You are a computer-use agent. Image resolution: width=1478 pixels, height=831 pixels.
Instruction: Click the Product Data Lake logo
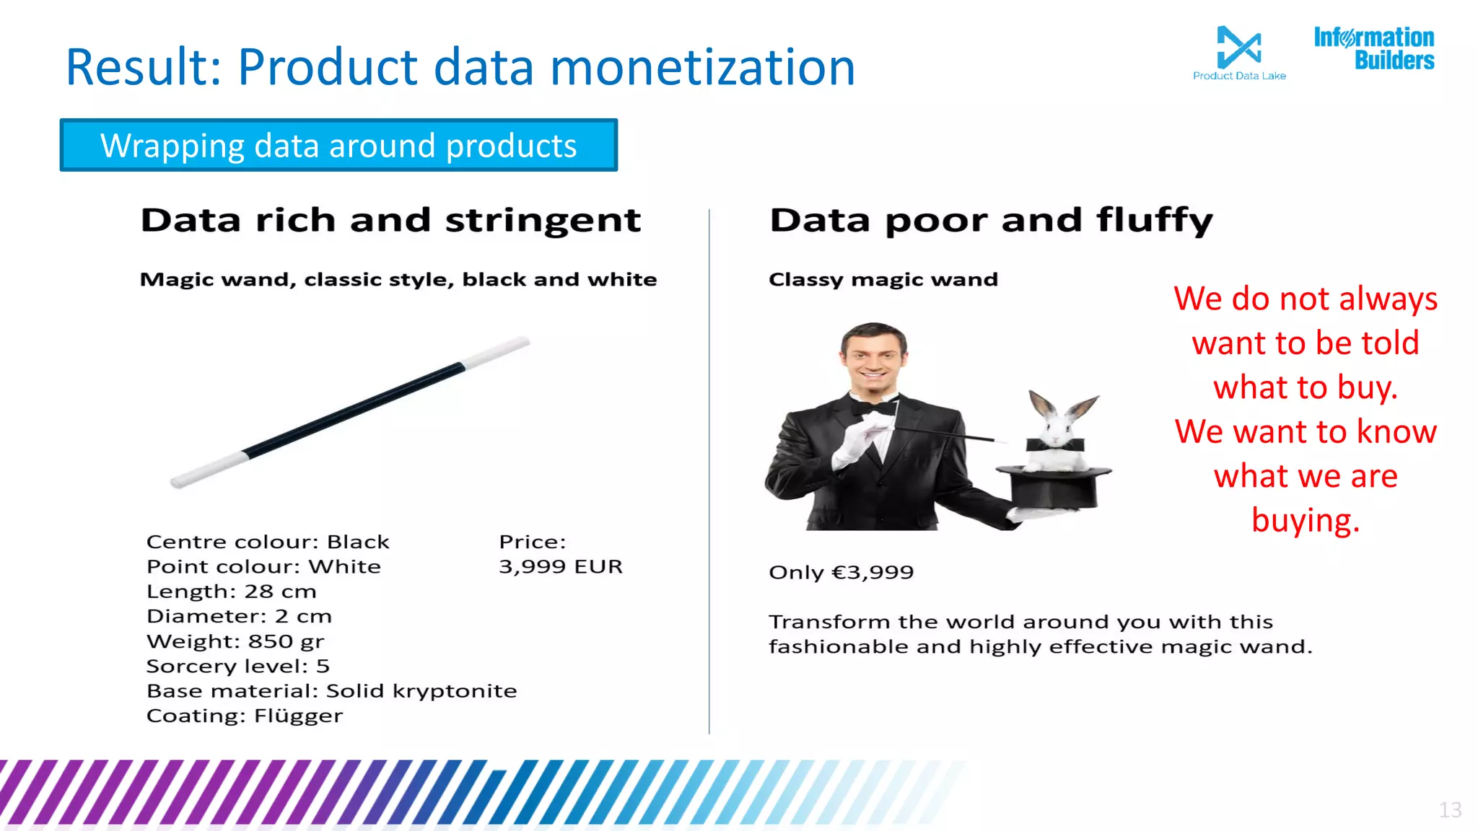tap(1238, 52)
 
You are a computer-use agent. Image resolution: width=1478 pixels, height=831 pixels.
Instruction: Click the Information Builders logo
tap(1374, 48)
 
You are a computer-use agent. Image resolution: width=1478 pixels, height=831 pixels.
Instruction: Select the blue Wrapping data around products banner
tap(338, 145)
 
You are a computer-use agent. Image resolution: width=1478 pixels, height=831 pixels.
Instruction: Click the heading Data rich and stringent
tap(390, 220)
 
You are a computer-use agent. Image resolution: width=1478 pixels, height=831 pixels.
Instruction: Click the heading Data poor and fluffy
tap(991, 220)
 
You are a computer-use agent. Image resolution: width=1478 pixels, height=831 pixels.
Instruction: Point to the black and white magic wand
tap(351, 412)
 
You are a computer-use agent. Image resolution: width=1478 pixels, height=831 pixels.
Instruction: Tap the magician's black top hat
tap(1054, 486)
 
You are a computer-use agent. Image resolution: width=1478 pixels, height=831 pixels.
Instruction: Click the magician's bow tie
tap(874, 408)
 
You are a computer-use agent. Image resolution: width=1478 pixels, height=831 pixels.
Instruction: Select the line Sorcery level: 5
tap(238, 666)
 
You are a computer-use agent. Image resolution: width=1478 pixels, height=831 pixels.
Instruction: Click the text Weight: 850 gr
tap(235, 641)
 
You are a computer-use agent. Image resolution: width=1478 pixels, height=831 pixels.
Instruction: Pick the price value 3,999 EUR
tap(560, 567)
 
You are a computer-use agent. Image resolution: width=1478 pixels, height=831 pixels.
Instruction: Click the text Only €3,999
tap(841, 573)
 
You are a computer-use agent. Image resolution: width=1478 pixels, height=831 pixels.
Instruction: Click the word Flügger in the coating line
tap(298, 716)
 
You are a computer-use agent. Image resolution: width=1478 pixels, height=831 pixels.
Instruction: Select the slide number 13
tap(1450, 810)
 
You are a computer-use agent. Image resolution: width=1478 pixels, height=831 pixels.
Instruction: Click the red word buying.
tap(1305, 521)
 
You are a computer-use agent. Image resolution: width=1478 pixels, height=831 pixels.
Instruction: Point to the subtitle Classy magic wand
tap(883, 280)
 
